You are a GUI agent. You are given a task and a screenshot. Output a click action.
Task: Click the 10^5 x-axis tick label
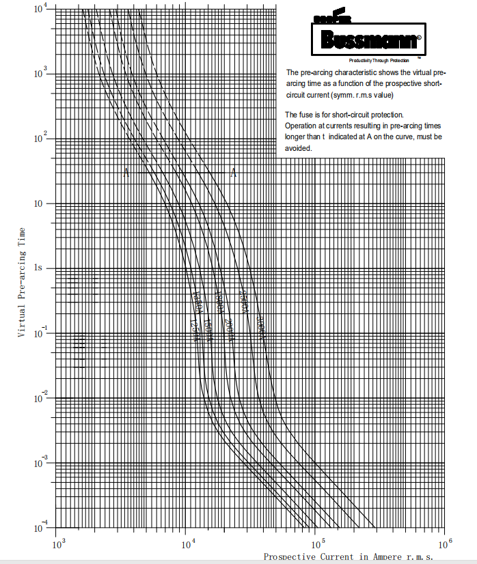tap(317, 544)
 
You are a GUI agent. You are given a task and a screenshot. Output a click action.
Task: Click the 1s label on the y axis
tap(40, 268)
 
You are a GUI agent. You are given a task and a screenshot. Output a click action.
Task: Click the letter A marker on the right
tap(233, 173)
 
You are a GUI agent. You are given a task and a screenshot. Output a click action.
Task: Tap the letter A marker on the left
tap(126, 173)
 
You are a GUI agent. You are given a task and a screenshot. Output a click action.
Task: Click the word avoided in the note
tap(298, 148)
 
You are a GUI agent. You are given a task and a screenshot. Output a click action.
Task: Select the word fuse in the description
tap(302, 115)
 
